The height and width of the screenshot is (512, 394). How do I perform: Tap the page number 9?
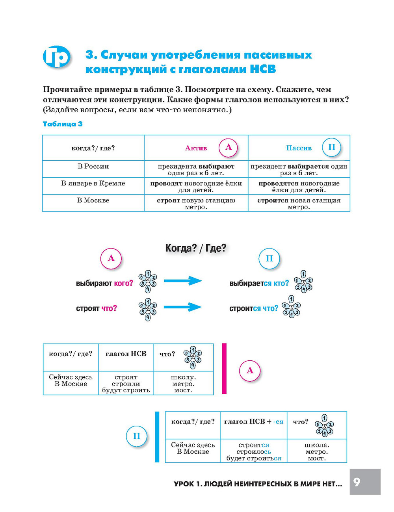pyautogui.click(x=357, y=482)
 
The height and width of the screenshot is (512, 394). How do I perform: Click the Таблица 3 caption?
pyautogui.click(x=63, y=124)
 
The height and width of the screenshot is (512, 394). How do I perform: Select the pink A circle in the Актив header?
pyautogui.click(x=229, y=148)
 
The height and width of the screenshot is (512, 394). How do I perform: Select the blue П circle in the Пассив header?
pyautogui.click(x=332, y=148)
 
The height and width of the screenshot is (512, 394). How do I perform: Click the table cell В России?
pyautogui.click(x=93, y=167)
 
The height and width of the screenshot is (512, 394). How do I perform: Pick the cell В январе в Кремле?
pyautogui.click(x=93, y=184)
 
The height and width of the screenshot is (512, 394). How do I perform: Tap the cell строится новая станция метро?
pyautogui.click(x=299, y=204)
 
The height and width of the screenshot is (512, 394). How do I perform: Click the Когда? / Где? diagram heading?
pyautogui.click(x=196, y=248)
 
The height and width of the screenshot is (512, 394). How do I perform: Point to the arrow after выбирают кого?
pyautogui.click(x=183, y=281)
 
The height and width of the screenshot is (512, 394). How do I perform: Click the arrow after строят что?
pyautogui.click(x=183, y=307)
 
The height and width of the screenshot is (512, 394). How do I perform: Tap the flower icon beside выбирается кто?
pyautogui.click(x=303, y=282)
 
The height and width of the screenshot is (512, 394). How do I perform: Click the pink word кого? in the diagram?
pyautogui.click(x=124, y=283)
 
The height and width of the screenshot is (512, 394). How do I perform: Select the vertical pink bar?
pyautogui.click(x=225, y=369)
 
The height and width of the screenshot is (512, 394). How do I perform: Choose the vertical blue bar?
pyautogui.click(x=157, y=437)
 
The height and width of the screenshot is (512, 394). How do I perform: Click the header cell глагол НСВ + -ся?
pyautogui.click(x=254, y=422)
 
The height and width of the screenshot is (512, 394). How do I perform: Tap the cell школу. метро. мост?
pyautogui.click(x=183, y=384)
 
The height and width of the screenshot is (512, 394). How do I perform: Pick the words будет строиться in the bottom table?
pyautogui.click(x=254, y=458)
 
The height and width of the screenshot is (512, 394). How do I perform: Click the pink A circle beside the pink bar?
pyautogui.click(x=250, y=371)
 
